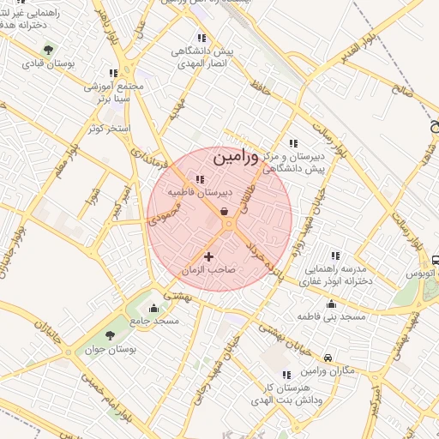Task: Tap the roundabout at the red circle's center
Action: click(228, 225)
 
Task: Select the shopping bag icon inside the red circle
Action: click(225, 210)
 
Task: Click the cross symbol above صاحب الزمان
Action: click(208, 256)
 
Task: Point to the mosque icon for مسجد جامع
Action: click(154, 308)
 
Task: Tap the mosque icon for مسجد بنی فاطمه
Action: click(331, 304)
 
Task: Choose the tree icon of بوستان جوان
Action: click(109, 335)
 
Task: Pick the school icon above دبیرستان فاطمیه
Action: click(200, 180)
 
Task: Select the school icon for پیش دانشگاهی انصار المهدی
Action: click(201, 39)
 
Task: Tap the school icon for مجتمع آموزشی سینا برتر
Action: click(112, 74)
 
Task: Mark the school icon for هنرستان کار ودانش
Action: click(286, 375)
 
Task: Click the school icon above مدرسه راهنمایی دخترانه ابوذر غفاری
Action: click(334, 255)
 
